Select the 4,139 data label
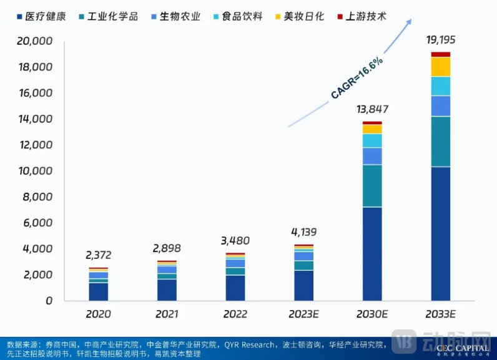(x=303, y=232)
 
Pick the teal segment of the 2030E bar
(x=372, y=185)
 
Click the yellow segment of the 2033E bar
(x=440, y=67)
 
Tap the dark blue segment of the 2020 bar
(x=98, y=291)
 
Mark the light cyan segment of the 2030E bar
(x=372, y=140)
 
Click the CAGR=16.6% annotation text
(x=357, y=78)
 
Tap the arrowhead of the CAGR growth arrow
(x=409, y=21)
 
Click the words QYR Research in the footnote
(x=248, y=344)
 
